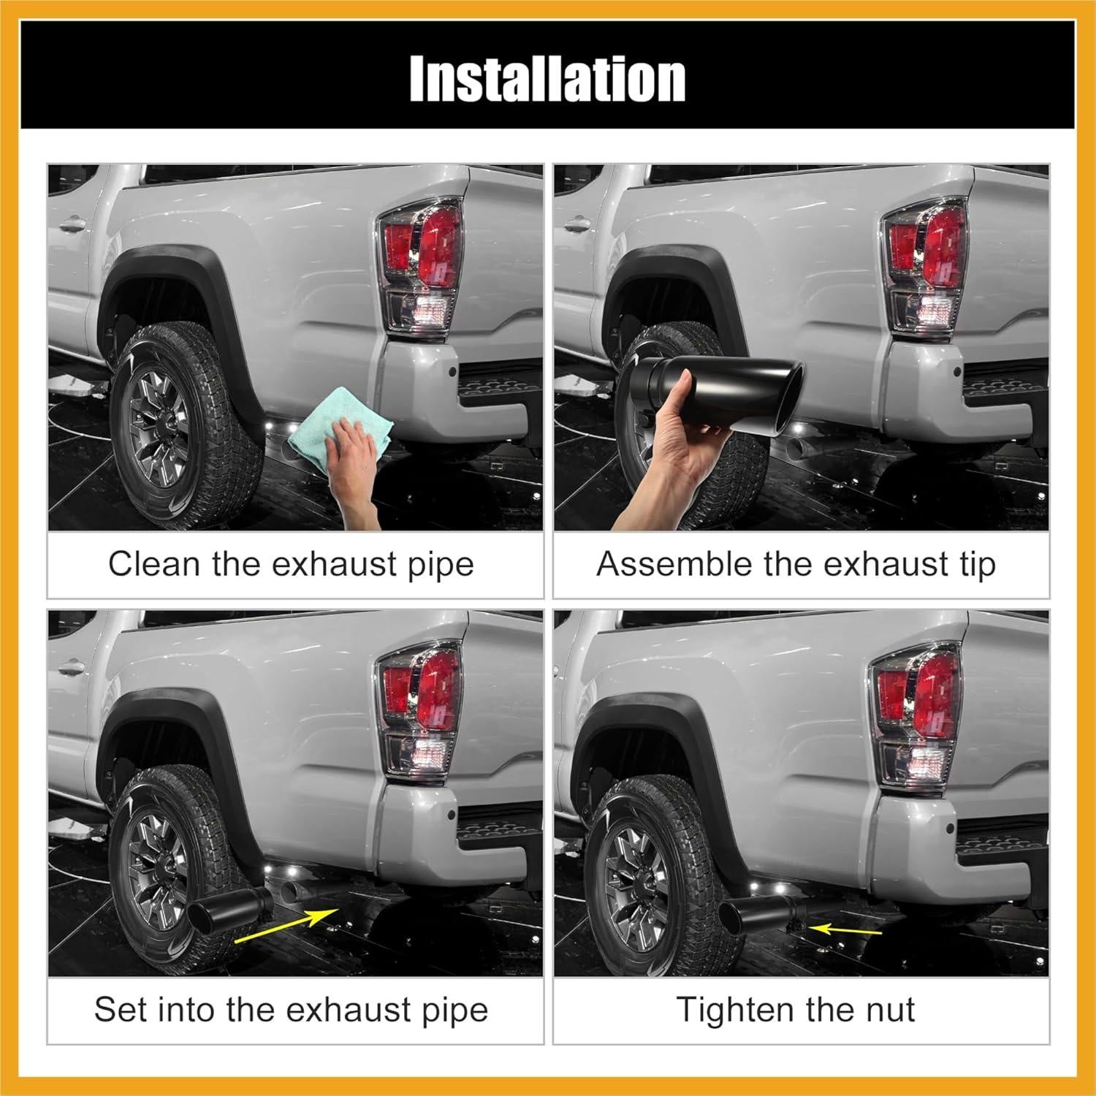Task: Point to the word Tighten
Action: pos(736,1010)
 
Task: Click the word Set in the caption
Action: pos(119,1010)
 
